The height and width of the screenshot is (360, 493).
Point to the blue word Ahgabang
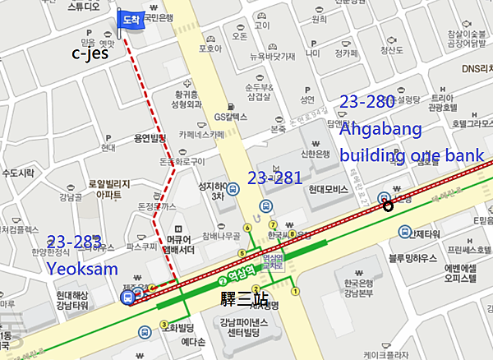pyautogui.click(x=380, y=129)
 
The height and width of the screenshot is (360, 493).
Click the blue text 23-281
pyautogui.click(x=274, y=178)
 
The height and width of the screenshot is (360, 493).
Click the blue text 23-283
pyautogui.click(x=74, y=242)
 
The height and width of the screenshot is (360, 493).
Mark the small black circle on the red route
pyautogui.click(x=388, y=206)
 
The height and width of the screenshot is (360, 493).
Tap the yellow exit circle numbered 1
pyautogui.click(x=295, y=291)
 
